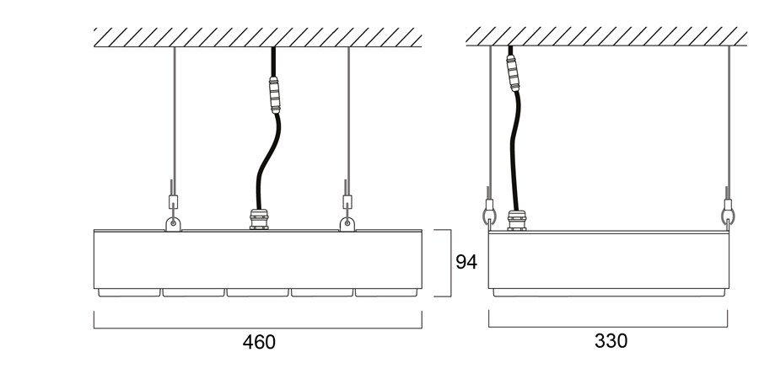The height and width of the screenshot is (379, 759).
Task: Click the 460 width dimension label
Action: click(x=259, y=342)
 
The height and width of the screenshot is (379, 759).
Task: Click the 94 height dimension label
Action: click(x=466, y=262)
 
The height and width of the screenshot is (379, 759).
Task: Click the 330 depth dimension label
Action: click(x=611, y=340)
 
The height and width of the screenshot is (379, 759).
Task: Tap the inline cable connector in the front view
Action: click(x=274, y=94)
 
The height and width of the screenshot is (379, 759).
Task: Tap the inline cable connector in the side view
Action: click(x=513, y=73)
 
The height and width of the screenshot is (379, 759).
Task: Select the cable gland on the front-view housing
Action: click(x=259, y=219)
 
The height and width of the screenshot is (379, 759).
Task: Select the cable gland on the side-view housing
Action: click(x=517, y=221)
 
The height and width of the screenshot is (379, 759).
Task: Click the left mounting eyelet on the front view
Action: click(x=173, y=224)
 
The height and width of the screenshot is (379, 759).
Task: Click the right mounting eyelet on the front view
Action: click(x=347, y=224)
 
